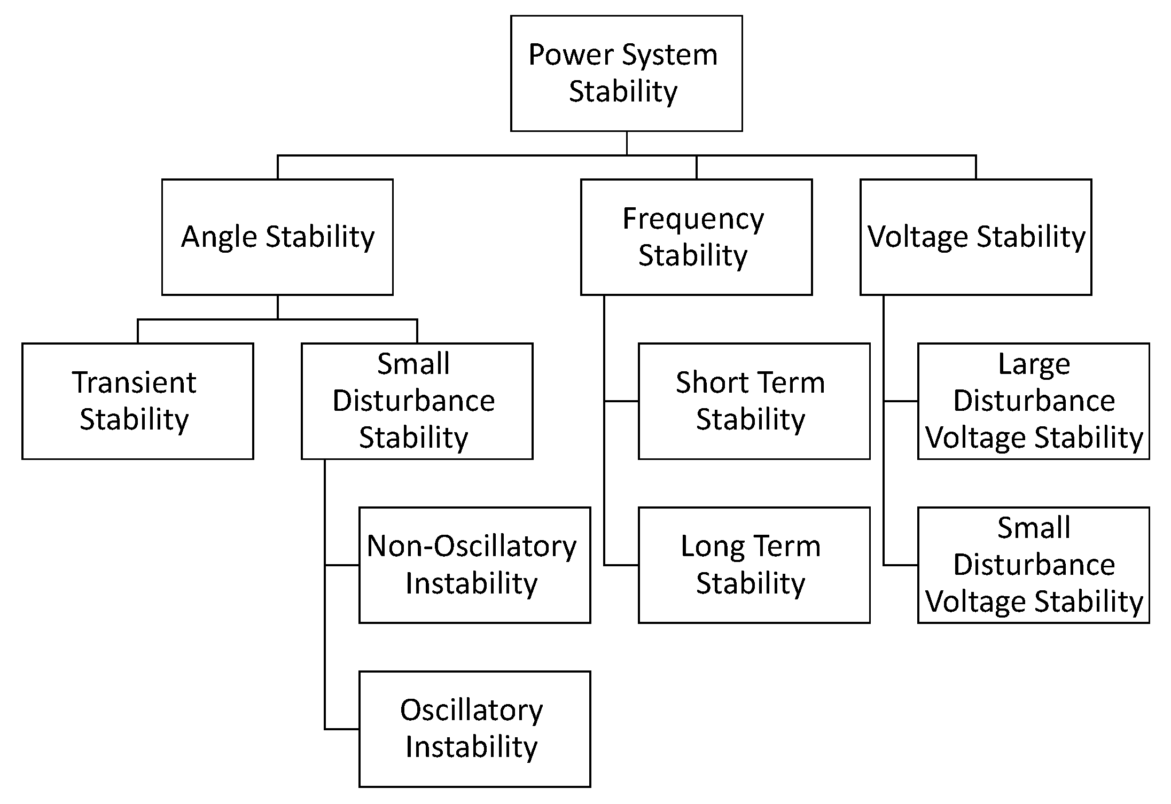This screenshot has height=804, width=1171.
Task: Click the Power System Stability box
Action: point(626,73)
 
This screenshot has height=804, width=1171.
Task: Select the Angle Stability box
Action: point(277,237)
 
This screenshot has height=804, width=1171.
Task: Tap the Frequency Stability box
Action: point(696,237)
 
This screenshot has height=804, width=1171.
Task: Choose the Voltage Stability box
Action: point(975,237)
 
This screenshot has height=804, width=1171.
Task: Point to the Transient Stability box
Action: point(137,401)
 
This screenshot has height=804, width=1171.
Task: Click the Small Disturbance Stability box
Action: point(417,401)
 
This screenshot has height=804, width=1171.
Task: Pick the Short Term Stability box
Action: point(754,401)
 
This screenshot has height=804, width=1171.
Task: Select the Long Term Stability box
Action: point(754,565)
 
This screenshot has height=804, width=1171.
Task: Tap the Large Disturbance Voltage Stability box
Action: point(1033,401)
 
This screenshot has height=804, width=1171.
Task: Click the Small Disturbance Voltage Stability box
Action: point(1033,565)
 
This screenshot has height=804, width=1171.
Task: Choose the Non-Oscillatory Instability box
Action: point(474,565)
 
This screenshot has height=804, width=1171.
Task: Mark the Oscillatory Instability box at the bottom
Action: point(474,729)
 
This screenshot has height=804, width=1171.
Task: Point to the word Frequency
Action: point(693,219)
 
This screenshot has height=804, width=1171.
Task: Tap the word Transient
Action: point(134,383)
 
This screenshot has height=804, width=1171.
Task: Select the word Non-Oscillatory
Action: point(472,547)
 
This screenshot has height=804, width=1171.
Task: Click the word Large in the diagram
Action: point(1034,364)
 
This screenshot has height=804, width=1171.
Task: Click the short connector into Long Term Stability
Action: point(621,565)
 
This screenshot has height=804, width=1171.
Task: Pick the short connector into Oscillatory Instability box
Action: point(342,729)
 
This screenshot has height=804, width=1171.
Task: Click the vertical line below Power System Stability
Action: point(626,143)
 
